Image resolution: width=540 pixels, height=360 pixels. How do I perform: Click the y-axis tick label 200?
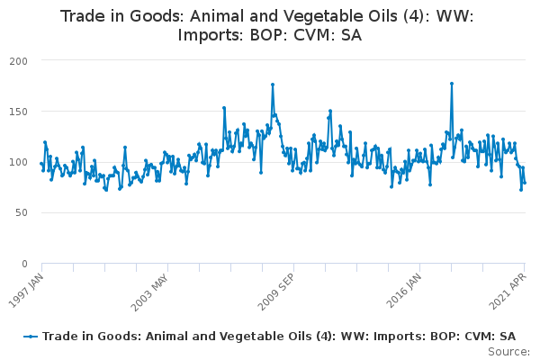click(19, 61)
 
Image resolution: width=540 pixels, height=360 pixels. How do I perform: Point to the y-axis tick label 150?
click(19, 112)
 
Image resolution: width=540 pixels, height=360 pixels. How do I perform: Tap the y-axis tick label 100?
click(19, 162)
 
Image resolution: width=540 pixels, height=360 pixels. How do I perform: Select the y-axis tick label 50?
click(22, 213)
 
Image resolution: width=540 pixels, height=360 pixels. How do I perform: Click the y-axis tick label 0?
click(24, 265)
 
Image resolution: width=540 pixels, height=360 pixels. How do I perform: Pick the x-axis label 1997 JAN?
click(26, 291)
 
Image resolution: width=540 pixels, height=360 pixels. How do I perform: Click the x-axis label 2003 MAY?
click(149, 292)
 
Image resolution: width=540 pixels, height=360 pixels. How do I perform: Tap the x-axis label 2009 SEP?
click(276, 292)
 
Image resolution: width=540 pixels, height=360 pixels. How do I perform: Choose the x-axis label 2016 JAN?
click(403, 291)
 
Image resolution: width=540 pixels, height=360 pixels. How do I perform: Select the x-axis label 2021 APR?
click(508, 292)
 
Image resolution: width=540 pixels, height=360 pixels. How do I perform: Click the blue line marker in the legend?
click(31, 337)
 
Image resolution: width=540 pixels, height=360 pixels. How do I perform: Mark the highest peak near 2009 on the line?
click(273, 85)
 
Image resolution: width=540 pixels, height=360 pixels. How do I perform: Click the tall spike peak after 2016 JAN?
click(452, 84)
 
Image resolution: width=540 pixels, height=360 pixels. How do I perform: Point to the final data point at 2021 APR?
click(525, 183)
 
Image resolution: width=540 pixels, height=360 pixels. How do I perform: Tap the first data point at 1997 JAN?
click(41, 164)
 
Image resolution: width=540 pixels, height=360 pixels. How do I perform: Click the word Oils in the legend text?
click(300, 336)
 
